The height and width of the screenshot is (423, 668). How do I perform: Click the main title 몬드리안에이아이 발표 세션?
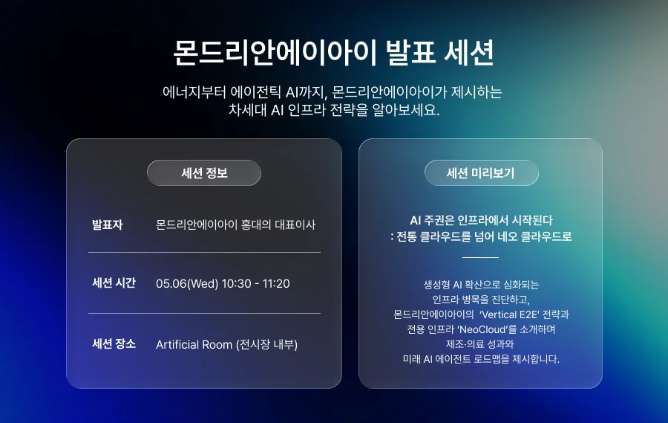tap(333, 52)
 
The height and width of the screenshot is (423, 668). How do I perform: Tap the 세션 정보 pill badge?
tap(204, 173)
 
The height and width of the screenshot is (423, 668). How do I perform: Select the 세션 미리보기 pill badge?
tap(481, 173)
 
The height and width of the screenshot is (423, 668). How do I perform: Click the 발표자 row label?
tap(107, 224)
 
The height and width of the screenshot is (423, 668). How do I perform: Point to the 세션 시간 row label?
tap(114, 283)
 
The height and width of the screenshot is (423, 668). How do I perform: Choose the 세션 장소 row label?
tap(114, 344)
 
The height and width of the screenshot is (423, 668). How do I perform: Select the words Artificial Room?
tap(194, 344)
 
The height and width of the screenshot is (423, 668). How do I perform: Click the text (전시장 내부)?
tap(266, 344)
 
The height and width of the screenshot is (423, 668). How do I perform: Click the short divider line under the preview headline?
tap(480, 257)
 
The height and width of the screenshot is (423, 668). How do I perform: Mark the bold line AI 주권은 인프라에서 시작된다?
tap(481, 220)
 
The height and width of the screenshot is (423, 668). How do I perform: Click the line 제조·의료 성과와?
tap(480, 344)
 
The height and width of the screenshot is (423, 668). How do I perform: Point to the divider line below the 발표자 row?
tap(204, 253)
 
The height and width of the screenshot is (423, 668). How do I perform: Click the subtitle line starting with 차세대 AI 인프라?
tap(333, 111)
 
